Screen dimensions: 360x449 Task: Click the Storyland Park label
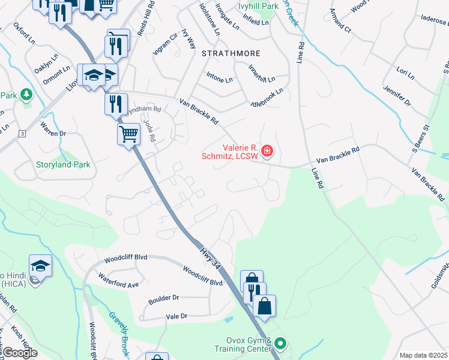[x=54, y=164]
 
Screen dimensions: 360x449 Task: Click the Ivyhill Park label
[x=259, y=6]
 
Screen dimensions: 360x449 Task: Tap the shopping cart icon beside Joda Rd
[x=129, y=134]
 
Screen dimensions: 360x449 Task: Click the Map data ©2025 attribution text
[x=424, y=355]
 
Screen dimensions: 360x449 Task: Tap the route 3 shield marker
[x=22, y=133]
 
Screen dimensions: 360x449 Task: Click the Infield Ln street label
[x=256, y=22]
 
